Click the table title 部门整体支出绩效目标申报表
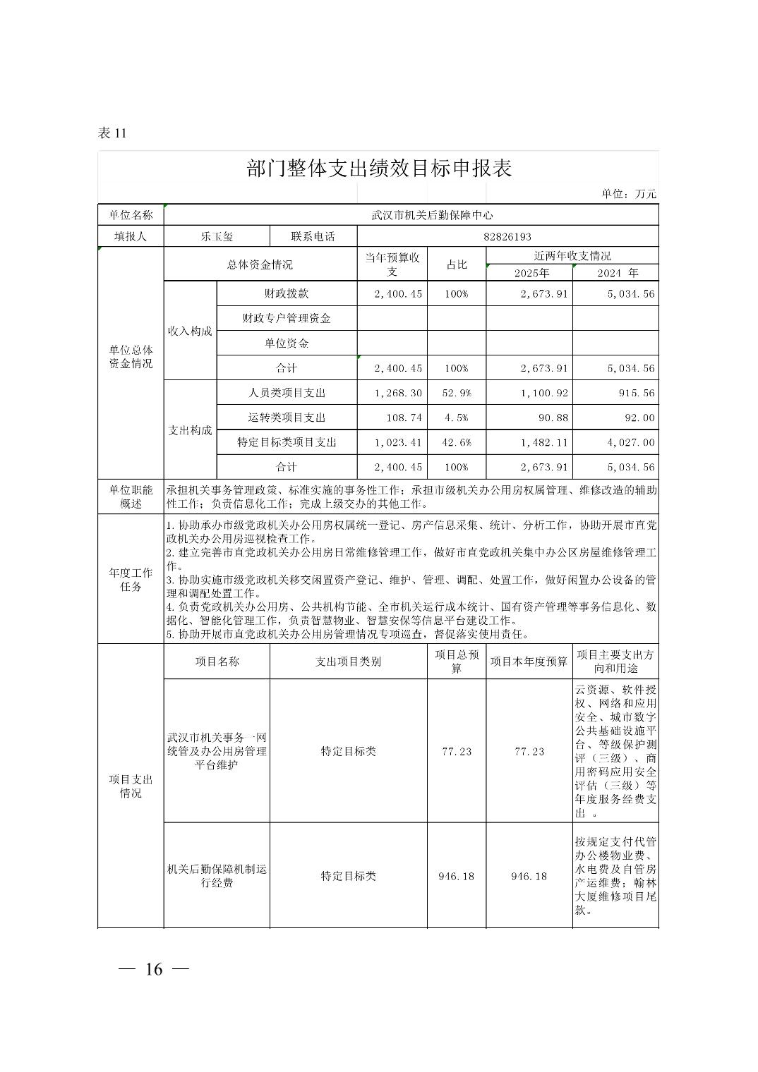point(379,169)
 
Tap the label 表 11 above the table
point(112,133)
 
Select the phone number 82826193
point(507,237)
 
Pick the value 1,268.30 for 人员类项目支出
point(399,393)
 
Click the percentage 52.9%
point(456,393)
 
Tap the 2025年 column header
point(531,273)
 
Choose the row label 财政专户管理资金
point(287,318)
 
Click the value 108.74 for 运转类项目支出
point(404,418)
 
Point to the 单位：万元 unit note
point(629,194)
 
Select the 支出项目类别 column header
point(348,662)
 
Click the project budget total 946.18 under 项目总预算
point(456,876)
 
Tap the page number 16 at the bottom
point(154,969)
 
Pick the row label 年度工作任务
point(131,580)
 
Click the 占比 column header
point(456,264)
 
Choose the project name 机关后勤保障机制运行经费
point(217,876)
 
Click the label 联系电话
point(313,237)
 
